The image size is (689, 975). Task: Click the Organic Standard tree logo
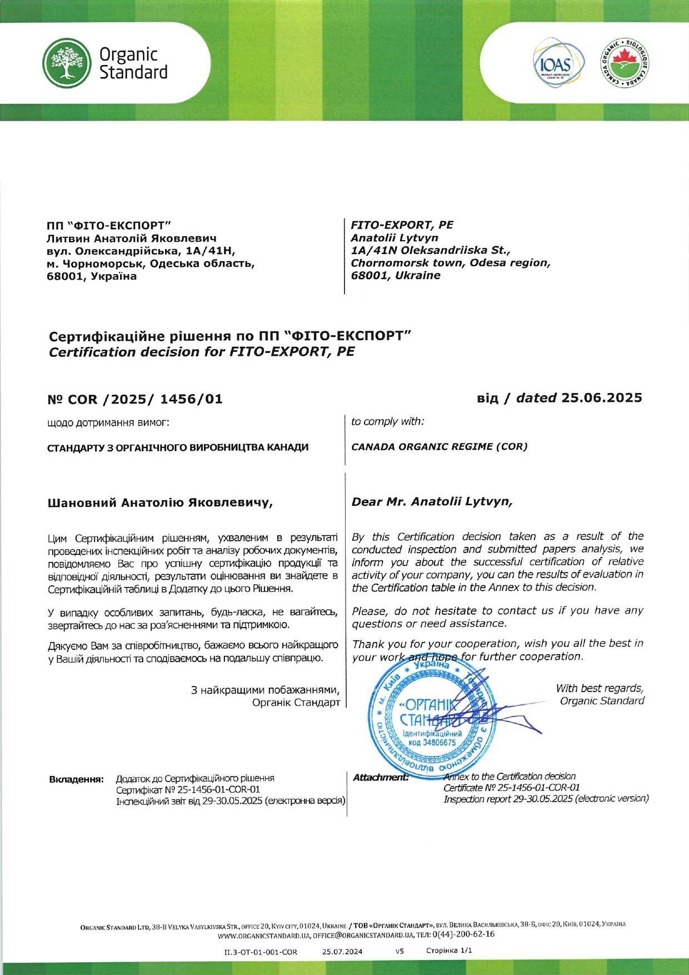click(x=67, y=63)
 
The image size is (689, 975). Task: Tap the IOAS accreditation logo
click(x=559, y=63)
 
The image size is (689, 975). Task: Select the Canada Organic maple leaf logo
click(x=625, y=63)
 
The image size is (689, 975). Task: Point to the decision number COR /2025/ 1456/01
click(x=135, y=399)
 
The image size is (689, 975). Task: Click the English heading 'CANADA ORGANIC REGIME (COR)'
click(x=439, y=446)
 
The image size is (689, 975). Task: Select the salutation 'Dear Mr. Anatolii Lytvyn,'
click(x=432, y=501)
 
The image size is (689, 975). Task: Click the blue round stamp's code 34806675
click(x=432, y=743)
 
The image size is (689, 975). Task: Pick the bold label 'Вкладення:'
click(x=77, y=779)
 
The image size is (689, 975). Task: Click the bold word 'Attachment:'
click(x=381, y=777)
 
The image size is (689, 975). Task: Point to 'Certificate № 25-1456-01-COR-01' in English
click(x=511, y=787)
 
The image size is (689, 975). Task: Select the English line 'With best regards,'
click(x=600, y=688)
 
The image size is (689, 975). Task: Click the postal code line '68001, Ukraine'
click(x=396, y=275)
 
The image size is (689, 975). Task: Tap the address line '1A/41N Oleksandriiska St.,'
click(x=431, y=250)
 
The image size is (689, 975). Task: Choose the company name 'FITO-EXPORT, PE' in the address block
click(x=402, y=225)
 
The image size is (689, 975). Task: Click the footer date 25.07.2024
click(x=342, y=951)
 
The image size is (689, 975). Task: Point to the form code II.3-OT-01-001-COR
click(x=261, y=952)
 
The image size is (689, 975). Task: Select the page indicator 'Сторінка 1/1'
click(x=449, y=951)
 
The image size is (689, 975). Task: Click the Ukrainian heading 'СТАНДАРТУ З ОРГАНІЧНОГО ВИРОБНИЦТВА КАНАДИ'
click(x=178, y=447)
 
